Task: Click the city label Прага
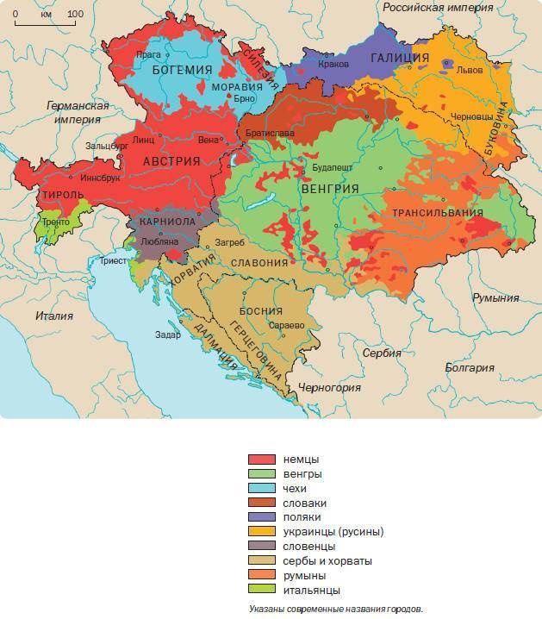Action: click(x=148, y=54)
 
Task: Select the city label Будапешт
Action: click(x=332, y=166)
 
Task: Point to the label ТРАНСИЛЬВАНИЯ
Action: click(x=437, y=212)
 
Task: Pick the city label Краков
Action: click(x=333, y=65)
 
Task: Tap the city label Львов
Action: click(x=470, y=70)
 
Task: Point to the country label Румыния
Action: click(x=495, y=297)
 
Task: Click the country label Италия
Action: click(x=54, y=316)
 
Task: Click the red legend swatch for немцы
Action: click(x=262, y=460)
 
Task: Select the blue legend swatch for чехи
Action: click(x=262, y=489)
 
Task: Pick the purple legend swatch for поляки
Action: click(x=262, y=517)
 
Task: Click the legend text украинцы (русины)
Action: click(x=333, y=532)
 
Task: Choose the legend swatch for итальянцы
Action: click(x=262, y=590)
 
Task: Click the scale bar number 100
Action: click(x=75, y=14)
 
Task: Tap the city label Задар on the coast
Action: click(x=168, y=335)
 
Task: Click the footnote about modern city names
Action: click(x=332, y=608)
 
